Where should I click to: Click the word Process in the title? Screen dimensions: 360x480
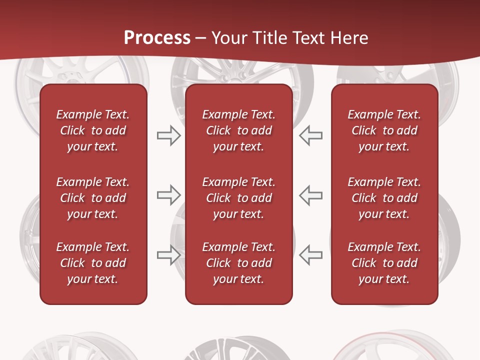157,38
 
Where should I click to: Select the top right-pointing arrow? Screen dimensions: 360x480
168,135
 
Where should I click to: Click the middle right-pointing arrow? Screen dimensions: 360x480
168,195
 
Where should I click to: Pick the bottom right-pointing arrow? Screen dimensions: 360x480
168,254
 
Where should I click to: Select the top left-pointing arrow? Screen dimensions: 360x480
310,135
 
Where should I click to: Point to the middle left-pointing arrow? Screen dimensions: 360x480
310,195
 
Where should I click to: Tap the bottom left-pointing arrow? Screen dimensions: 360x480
310,254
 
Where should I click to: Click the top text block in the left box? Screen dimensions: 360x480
93,130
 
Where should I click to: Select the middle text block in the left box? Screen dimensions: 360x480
93,198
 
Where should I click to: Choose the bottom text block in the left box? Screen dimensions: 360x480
93,263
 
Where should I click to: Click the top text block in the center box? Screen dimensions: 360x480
238,130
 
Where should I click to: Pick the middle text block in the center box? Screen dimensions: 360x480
238,198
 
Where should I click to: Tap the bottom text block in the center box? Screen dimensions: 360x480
238,263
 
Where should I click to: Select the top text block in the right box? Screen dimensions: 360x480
384,130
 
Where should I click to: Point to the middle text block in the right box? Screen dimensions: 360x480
384,198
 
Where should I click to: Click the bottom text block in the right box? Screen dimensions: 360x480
384,263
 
